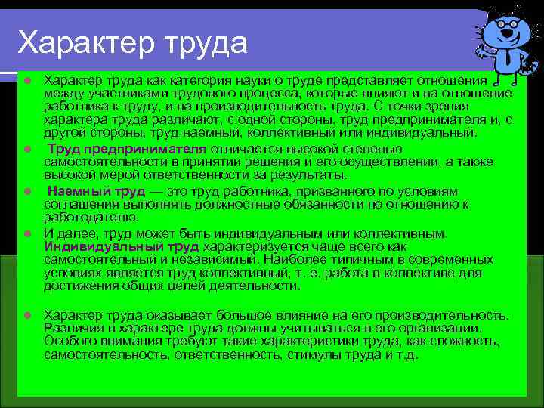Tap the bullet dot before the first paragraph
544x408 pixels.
pos(27,79)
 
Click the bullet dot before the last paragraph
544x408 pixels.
pos(27,314)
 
